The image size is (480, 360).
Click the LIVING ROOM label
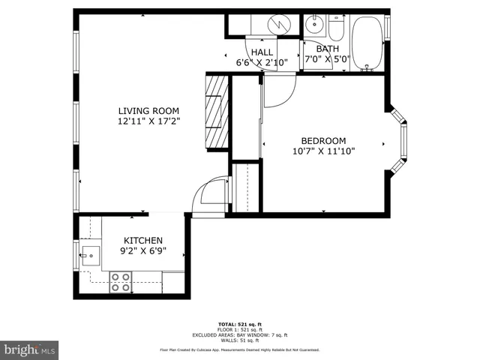[x=148, y=110]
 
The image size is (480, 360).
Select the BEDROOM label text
[x=323, y=140]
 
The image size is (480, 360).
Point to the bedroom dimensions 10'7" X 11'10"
[x=323, y=151]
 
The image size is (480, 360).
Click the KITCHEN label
[x=142, y=240]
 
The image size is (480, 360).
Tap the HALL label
[x=262, y=52]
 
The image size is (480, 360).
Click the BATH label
[x=327, y=49]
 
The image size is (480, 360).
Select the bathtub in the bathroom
[x=367, y=44]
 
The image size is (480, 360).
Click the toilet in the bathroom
[x=335, y=28]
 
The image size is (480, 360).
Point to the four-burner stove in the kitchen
[x=120, y=282]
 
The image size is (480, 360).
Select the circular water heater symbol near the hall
[x=279, y=24]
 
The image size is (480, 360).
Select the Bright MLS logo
[x=30, y=349]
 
